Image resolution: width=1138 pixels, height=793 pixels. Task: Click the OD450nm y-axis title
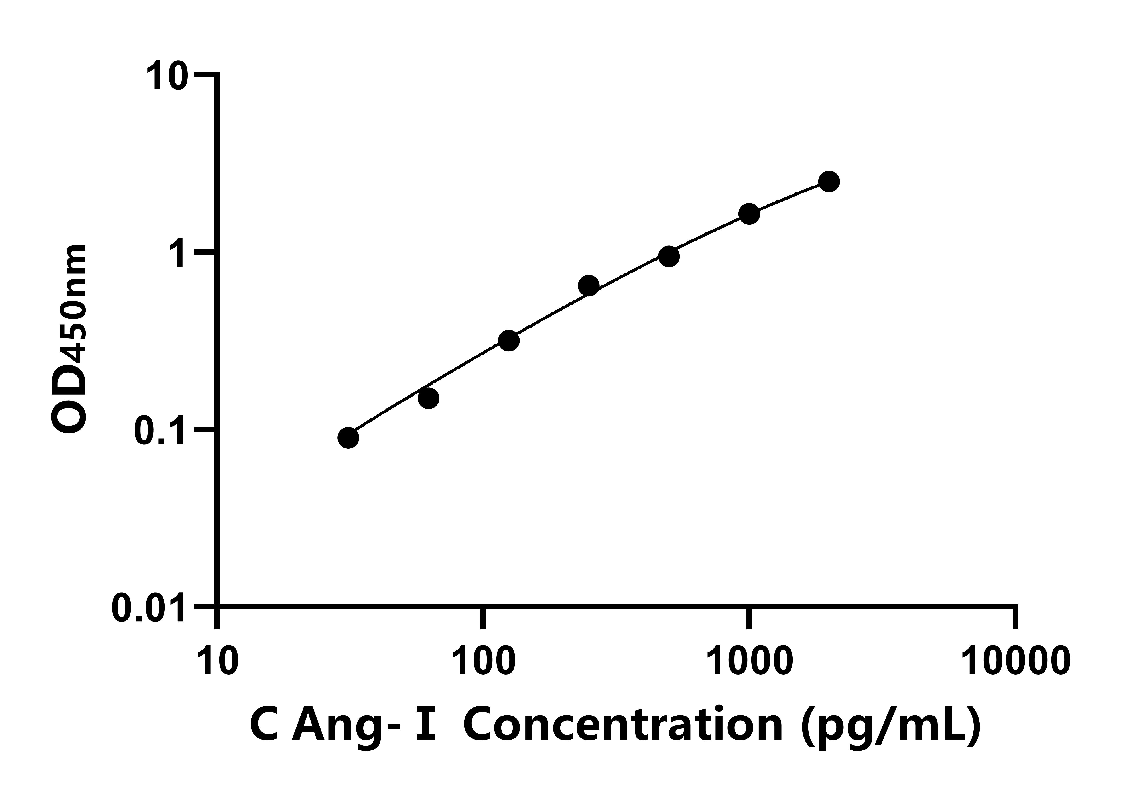(69, 340)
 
